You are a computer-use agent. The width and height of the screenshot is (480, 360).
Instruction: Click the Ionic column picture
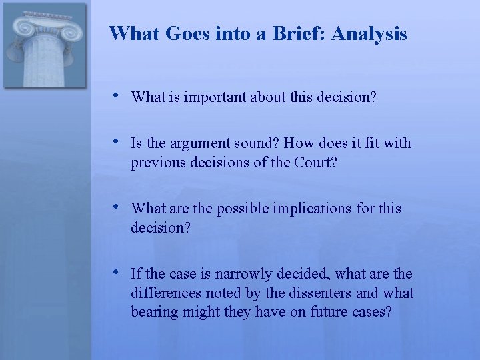click(45, 45)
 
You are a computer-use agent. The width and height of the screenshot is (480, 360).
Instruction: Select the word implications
click(308, 209)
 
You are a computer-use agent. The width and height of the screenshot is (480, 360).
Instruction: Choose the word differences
click(165, 293)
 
